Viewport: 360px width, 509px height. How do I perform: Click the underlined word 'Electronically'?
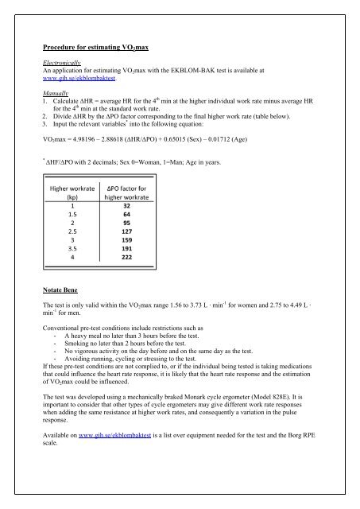point(64,62)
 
